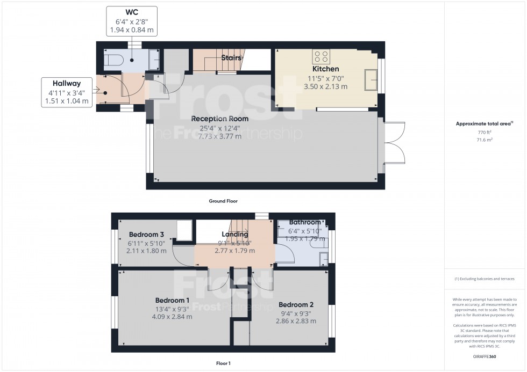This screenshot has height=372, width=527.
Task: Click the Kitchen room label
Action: click(326, 69)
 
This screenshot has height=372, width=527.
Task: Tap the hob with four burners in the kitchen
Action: click(321, 56)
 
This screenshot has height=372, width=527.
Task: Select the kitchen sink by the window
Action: click(370, 79)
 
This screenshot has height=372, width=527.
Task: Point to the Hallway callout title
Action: click(66, 83)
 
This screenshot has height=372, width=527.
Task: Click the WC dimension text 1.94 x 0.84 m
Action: click(132, 30)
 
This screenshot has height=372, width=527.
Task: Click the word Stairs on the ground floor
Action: click(231, 57)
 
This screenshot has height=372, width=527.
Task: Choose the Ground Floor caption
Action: click(223, 201)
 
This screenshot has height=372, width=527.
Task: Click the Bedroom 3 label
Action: click(146, 235)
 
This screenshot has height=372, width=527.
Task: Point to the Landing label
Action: click(235, 234)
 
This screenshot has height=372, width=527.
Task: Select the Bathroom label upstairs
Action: click(304, 222)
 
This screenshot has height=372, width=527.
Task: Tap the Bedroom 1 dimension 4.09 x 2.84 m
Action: click(173, 317)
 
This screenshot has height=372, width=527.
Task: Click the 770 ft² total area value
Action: click(486, 132)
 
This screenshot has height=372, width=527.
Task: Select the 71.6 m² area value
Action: click(486, 140)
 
